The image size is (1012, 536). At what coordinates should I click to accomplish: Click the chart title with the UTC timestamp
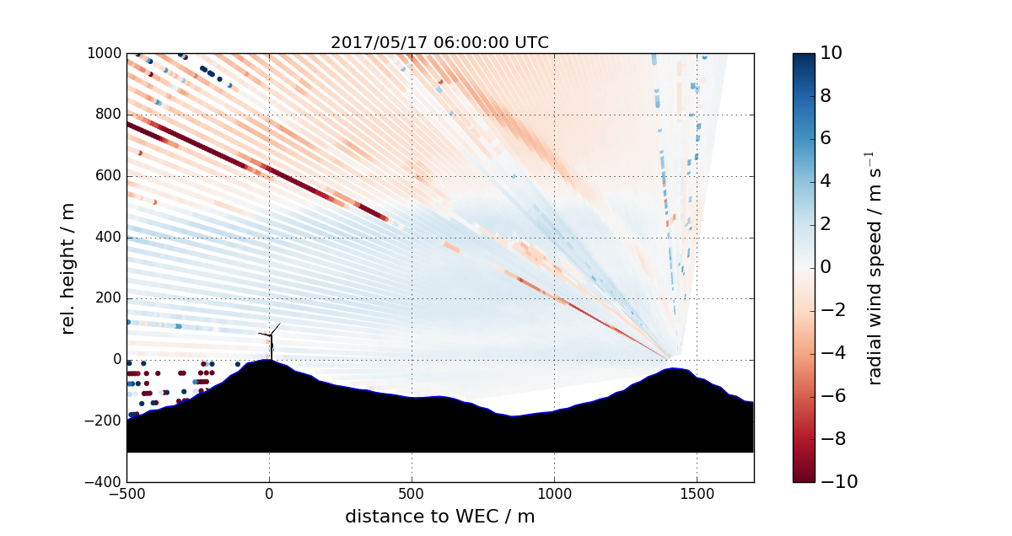click(439, 42)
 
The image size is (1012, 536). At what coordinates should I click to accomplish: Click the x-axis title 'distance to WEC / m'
click(439, 516)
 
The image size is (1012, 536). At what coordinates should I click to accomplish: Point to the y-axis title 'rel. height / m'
click(69, 268)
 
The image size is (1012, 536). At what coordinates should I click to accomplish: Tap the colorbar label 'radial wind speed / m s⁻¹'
click(875, 268)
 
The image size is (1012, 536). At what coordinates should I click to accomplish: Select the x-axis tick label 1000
click(554, 493)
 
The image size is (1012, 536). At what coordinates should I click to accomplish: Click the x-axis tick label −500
click(126, 493)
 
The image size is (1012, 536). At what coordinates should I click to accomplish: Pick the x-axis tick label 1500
click(697, 493)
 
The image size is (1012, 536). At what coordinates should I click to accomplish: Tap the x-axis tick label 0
click(269, 493)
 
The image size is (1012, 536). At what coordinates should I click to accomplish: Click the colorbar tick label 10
click(832, 53)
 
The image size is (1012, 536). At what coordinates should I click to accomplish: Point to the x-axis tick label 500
click(412, 493)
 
